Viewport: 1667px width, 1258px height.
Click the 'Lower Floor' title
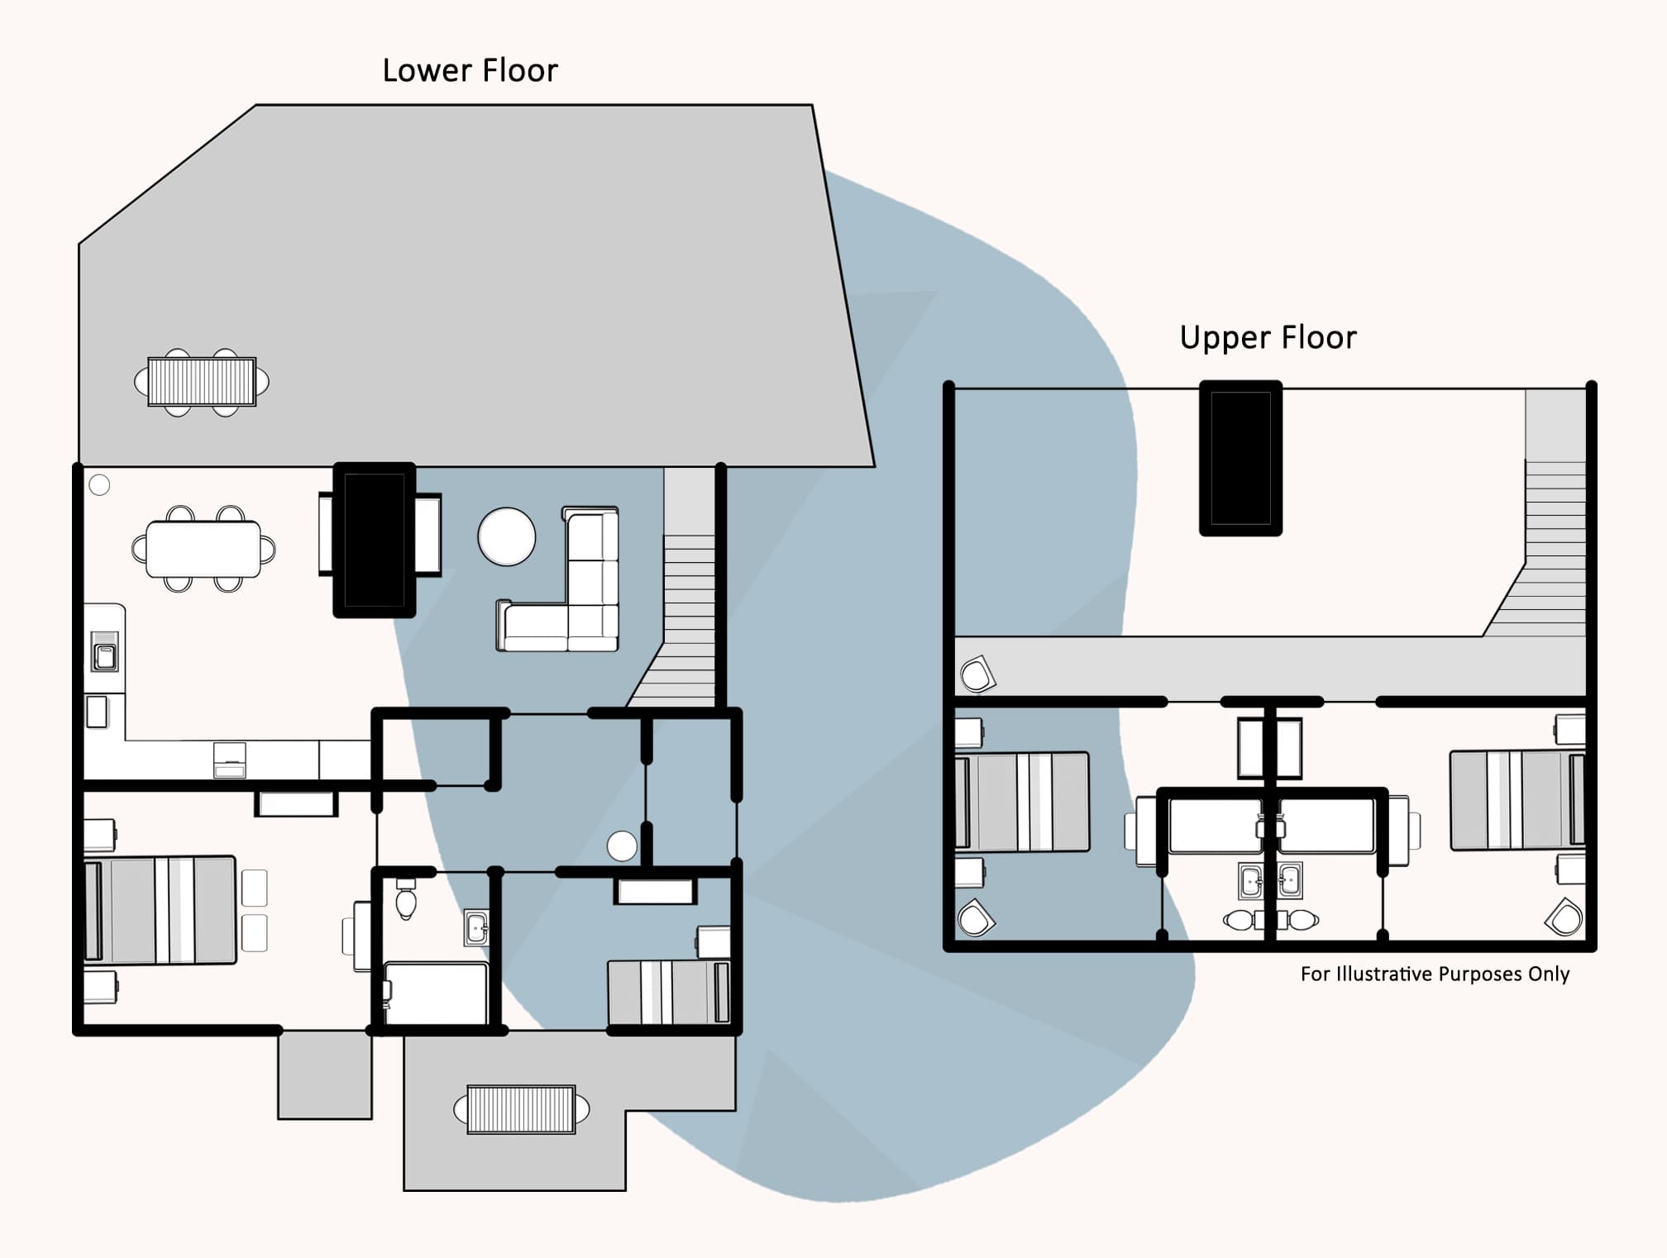(470, 71)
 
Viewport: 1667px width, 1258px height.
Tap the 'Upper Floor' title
(1268, 338)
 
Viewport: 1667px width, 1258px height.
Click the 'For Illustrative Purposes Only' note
(1435, 974)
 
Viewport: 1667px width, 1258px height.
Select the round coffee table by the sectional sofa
(507, 536)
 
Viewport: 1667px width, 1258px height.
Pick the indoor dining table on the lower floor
(203, 549)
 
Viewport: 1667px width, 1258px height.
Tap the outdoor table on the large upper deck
(202, 381)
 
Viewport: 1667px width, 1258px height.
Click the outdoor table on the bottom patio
(521, 1109)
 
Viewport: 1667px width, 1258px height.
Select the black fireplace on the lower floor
(374, 540)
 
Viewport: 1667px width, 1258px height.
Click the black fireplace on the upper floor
(1240, 458)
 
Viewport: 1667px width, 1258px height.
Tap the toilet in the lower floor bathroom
(405, 900)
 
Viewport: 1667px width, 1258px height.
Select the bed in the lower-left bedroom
(160, 910)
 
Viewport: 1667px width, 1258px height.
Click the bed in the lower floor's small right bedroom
(668, 992)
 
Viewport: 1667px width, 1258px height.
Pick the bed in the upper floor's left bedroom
(1022, 802)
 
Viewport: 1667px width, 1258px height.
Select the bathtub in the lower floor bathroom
(436, 993)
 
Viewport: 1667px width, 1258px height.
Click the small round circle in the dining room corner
(99, 485)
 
